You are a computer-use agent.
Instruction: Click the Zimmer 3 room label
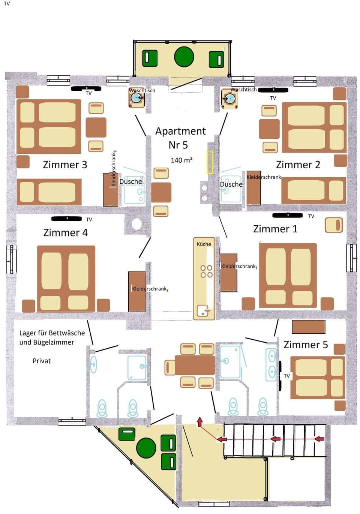[65, 165]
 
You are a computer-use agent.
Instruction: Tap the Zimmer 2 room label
[298, 165]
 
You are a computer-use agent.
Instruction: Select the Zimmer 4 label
[65, 232]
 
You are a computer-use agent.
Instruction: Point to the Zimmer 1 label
[275, 229]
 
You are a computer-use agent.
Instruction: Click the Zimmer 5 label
[306, 345]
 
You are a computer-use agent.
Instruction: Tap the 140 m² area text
[181, 160]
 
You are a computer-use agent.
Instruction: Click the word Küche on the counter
[204, 244]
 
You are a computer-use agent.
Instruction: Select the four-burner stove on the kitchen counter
[206, 271]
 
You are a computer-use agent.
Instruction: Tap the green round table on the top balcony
[184, 57]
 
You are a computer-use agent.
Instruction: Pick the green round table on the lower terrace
[146, 448]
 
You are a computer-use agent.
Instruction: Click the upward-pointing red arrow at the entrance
[200, 422]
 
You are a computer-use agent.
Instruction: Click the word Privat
[42, 361]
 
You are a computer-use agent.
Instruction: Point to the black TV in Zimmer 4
[67, 219]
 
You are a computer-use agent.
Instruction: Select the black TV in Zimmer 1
[288, 215]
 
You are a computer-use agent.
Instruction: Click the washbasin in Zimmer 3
[137, 98]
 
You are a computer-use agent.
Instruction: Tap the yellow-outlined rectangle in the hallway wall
[210, 162]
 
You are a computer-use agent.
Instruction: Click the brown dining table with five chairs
[195, 365]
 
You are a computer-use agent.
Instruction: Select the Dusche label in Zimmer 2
[231, 184]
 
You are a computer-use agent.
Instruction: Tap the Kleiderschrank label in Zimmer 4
[149, 289]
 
